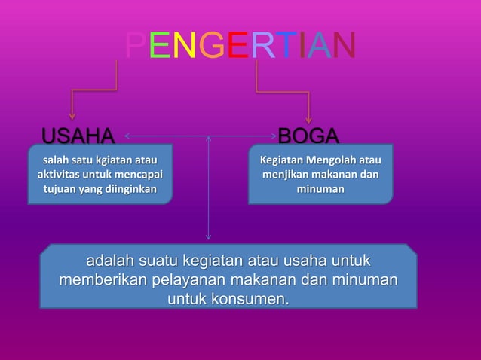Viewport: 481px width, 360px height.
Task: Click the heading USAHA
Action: (78, 136)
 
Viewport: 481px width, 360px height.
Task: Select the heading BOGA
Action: (308, 136)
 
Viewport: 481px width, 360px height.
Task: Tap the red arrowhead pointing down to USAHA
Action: (72, 115)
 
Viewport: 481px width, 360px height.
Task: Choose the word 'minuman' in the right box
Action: (320, 189)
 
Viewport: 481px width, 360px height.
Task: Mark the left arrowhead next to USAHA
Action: (127, 137)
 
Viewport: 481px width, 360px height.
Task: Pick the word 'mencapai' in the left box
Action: (137, 175)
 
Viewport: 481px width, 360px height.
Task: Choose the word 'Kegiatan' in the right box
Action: (283, 160)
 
